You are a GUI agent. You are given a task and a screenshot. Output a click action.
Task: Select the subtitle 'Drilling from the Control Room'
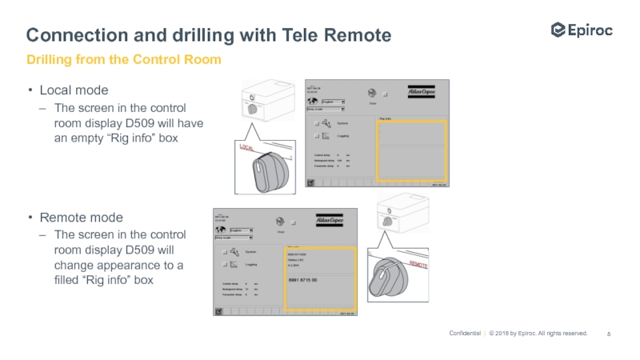click(123, 60)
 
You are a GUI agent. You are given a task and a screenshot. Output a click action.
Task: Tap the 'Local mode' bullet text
click(74, 90)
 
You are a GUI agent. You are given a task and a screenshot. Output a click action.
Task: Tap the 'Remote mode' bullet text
click(81, 217)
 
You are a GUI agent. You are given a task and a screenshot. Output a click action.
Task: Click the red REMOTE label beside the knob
click(424, 263)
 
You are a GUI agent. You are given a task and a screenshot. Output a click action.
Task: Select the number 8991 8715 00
click(302, 280)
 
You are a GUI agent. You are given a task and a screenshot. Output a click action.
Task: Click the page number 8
click(609, 334)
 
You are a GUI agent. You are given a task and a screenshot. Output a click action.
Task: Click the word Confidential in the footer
click(465, 334)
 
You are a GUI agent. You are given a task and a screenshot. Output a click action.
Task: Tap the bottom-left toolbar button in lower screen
click(218, 311)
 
